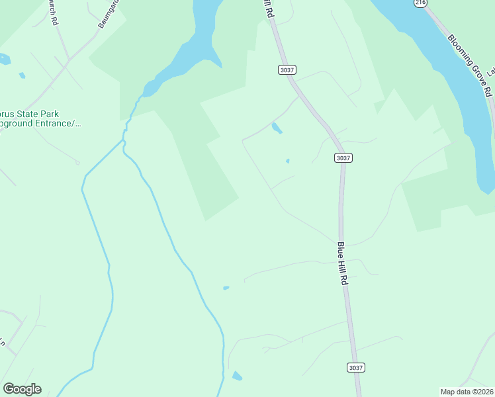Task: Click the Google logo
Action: click(x=22, y=389)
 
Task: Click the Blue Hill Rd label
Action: click(x=342, y=263)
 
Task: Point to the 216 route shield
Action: click(x=420, y=3)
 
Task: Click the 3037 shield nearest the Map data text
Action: click(x=355, y=367)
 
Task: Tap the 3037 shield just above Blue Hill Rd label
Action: click(x=343, y=157)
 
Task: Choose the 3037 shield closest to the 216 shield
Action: click(x=286, y=69)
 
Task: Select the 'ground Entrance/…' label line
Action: click(x=40, y=123)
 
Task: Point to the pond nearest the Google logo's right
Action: click(x=237, y=376)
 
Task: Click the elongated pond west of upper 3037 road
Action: click(x=277, y=128)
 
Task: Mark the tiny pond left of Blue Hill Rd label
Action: click(x=226, y=288)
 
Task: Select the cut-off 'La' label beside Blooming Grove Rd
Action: click(x=491, y=70)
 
